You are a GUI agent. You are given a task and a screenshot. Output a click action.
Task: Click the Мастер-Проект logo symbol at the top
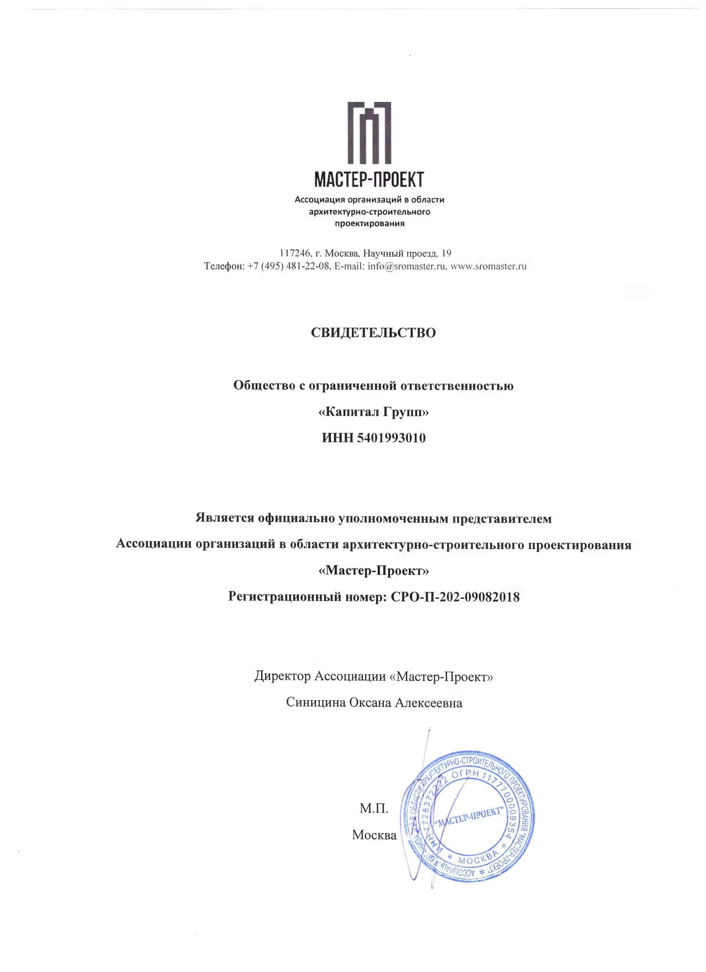coord(369,133)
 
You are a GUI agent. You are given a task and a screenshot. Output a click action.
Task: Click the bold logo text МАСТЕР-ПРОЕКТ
coord(369,179)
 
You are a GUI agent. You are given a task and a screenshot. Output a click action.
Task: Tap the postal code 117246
coord(295,254)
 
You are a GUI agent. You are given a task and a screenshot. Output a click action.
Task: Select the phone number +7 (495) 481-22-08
coord(288,266)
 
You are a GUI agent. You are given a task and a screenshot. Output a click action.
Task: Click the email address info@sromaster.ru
coord(407,266)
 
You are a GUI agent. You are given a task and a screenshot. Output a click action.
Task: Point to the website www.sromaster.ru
coord(489,266)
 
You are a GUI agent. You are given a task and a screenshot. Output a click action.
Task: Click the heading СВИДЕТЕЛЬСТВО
coord(373,333)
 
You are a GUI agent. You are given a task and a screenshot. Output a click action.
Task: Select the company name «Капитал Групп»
coord(374,412)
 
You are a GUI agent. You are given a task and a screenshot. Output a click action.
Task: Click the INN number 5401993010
coord(392,438)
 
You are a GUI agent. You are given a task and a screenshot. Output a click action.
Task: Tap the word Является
coord(225,518)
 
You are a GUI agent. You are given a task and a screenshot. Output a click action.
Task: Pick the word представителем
coord(502,519)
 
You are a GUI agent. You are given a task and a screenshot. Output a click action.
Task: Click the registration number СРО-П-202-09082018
coord(455,597)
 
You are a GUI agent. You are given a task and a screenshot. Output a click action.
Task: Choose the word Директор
coord(283,676)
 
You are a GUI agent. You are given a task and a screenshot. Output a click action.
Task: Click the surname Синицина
coord(315,702)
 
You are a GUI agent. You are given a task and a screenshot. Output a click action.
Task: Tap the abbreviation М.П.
coord(374,808)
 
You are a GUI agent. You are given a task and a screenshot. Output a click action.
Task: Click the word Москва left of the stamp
coord(374,835)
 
